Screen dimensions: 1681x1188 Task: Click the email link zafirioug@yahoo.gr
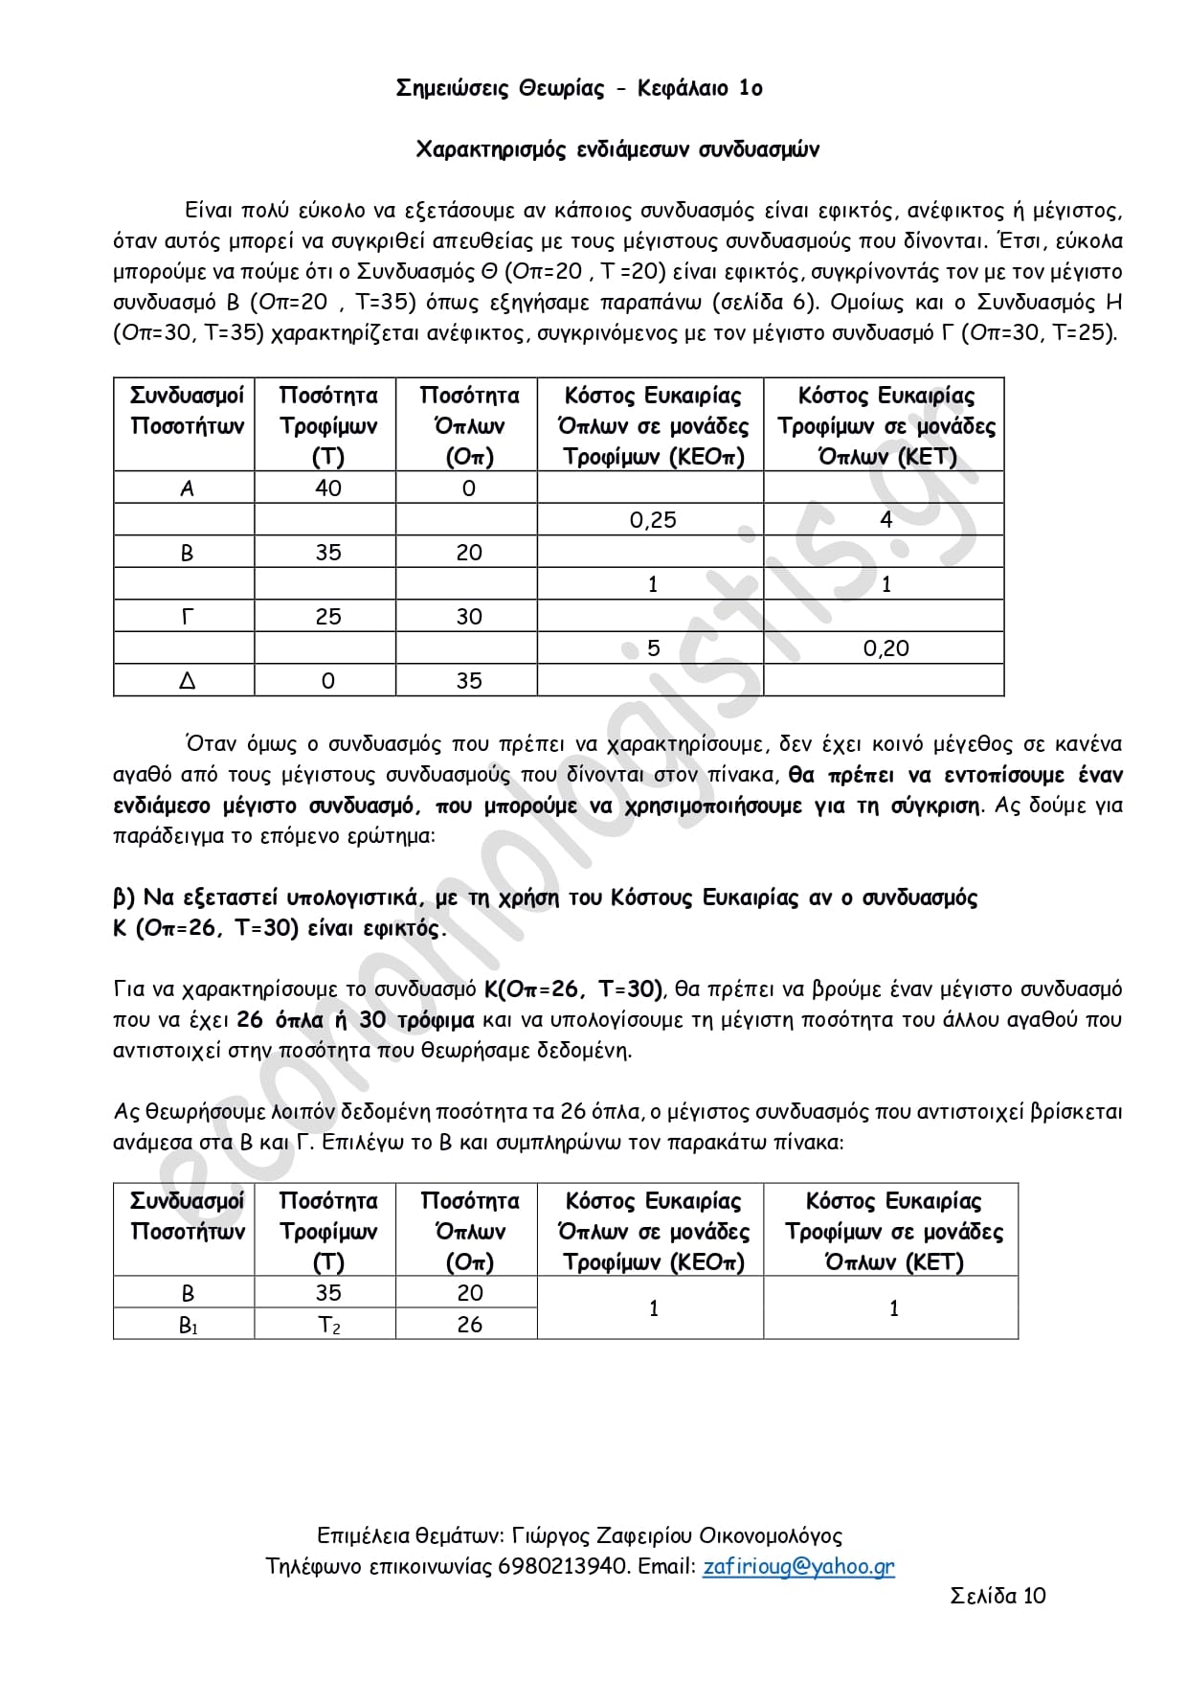pos(798,1566)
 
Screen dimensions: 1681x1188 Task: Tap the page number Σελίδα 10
pos(997,1595)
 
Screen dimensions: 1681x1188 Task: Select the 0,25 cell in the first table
pos(653,520)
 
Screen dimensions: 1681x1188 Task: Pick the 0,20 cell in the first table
pos(885,648)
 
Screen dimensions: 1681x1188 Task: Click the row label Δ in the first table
pos(187,681)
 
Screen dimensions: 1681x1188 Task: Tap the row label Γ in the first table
pos(187,617)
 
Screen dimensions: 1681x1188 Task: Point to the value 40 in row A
pos(327,488)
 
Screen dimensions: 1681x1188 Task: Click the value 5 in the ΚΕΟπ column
pos(653,648)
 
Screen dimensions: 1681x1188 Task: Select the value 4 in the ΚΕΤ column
pos(885,520)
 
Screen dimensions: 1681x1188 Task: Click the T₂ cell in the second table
pos(328,1325)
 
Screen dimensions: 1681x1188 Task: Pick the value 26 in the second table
pos(469,1325)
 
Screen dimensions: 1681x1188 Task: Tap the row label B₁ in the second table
pos(188,1326)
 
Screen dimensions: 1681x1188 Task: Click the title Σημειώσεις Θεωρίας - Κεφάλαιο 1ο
pos(579,88)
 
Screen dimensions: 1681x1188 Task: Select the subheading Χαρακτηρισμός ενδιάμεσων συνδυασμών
pos(617,149)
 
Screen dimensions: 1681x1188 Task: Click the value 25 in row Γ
pos(327,617)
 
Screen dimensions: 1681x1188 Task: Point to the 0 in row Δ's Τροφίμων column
pos(327,681)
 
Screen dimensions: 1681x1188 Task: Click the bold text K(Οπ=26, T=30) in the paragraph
pos(581,988)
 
